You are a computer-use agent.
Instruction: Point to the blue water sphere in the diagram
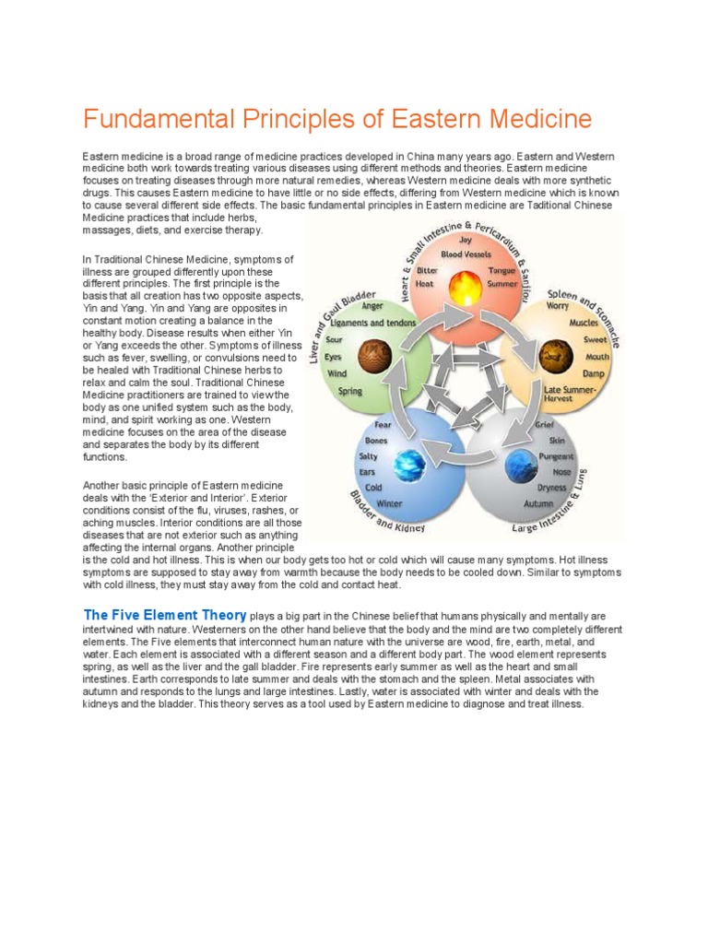[406, 461]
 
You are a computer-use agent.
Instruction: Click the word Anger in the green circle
[372, 306]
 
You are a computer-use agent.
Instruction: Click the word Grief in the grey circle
[544, 426]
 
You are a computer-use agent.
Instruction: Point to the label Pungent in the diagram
[556, 456]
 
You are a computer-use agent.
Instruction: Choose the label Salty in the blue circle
[368, 456]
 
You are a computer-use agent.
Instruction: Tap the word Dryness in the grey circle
[553, 488]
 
